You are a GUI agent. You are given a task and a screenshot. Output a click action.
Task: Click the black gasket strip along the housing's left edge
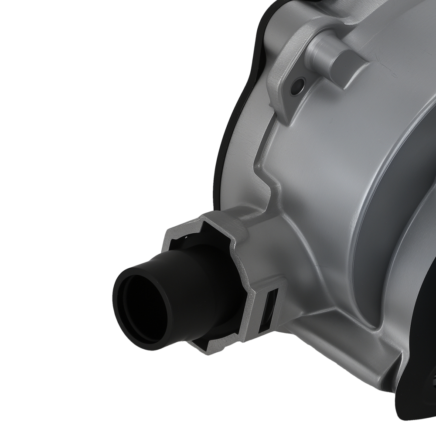point(227,131)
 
